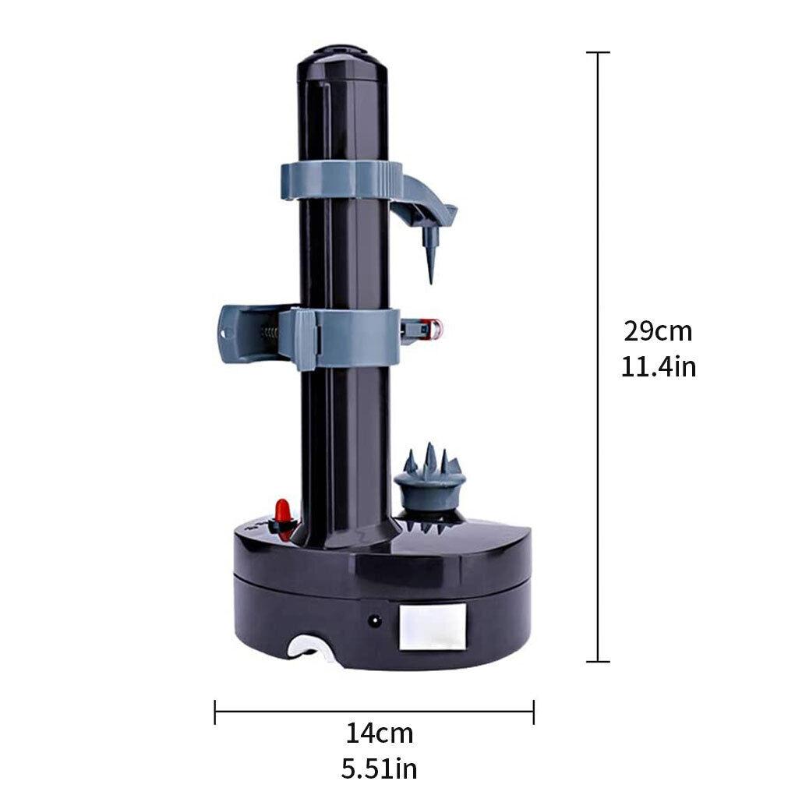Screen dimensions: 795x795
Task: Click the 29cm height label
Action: (x=657, y=331)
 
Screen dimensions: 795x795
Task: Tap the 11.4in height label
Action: (x=658, y=366)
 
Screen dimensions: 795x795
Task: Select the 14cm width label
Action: (x=380, y=733)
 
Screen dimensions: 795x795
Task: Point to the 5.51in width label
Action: (x=380, y=768)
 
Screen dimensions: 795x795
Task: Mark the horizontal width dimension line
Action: (x=374, y=711)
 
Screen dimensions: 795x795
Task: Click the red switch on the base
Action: (x=283, y=514)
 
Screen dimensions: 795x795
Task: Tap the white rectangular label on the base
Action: (x=432, y=628)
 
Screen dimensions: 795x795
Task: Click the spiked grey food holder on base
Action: (x=429, y=479)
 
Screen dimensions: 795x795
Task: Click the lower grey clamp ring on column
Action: (x=343, y=337)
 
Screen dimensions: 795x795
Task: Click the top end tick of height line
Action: (x=598, y=52)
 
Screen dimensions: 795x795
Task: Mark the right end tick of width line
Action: (x=533, y=711)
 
